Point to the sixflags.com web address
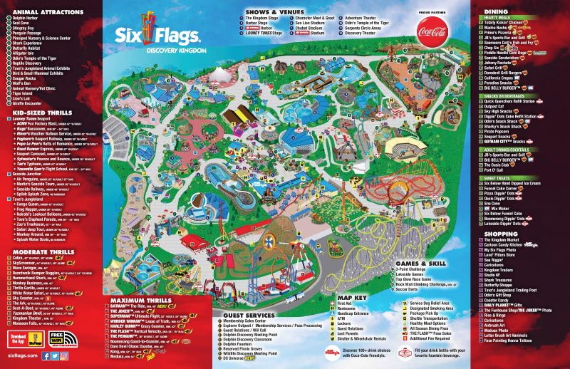click(x=25, y=355)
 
